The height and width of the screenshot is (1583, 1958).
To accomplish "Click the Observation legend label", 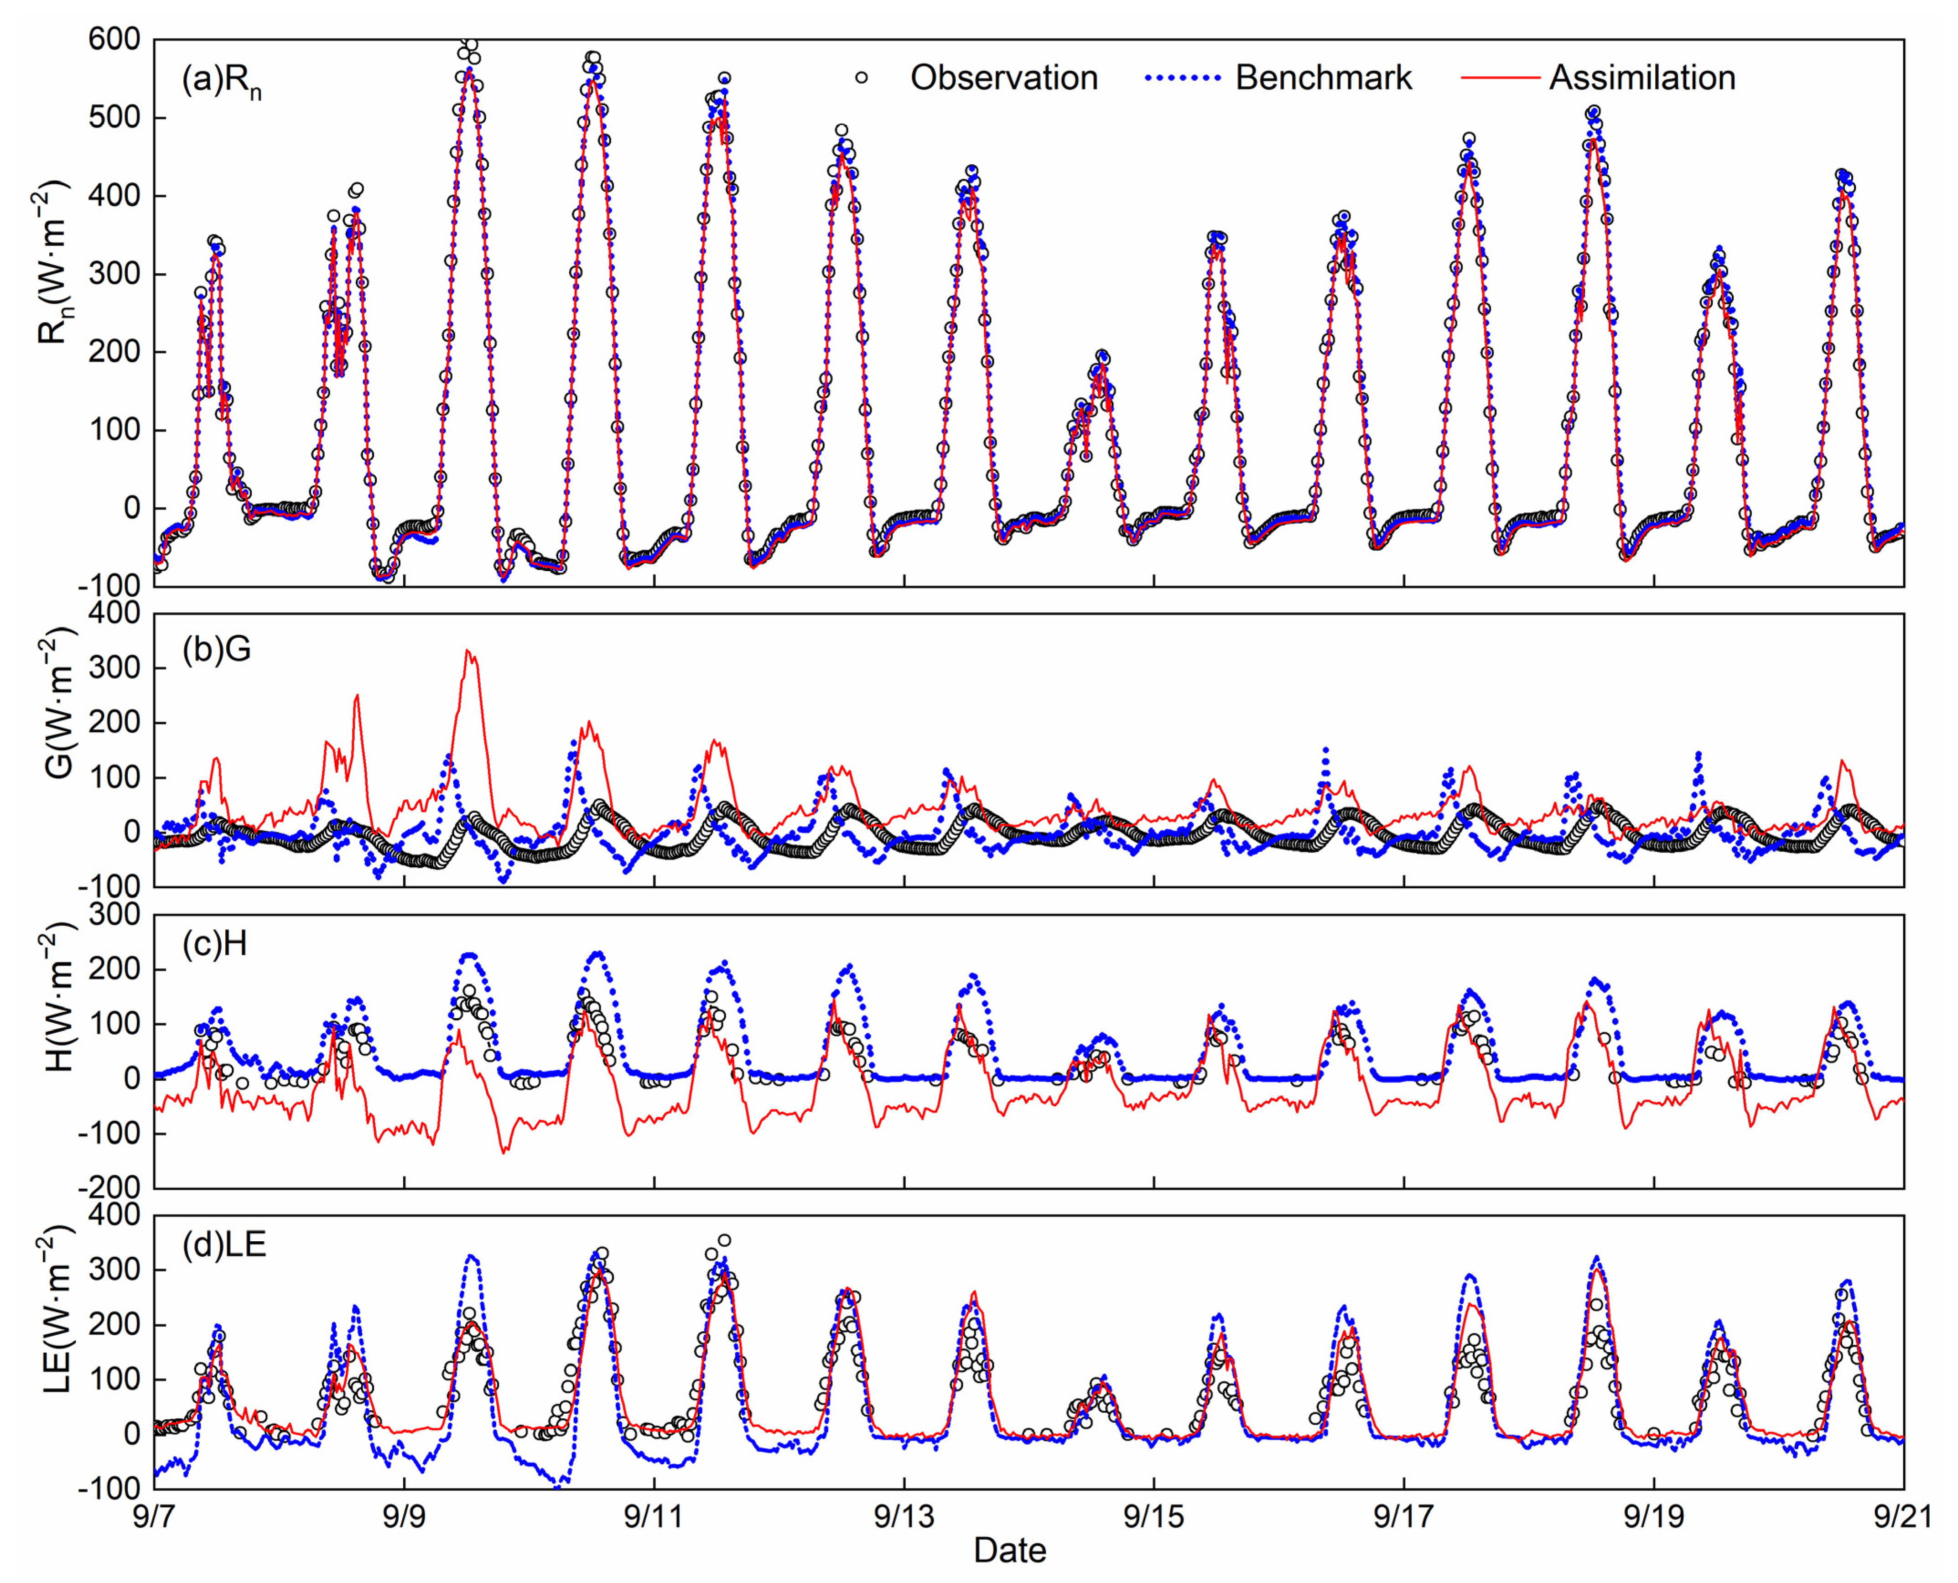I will (1003, 78).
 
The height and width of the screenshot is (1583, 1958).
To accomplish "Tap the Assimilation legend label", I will (1641, 78).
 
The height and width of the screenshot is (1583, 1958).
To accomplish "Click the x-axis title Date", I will (1009, 1550).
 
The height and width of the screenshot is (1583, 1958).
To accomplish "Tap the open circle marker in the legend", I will (861, 78).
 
